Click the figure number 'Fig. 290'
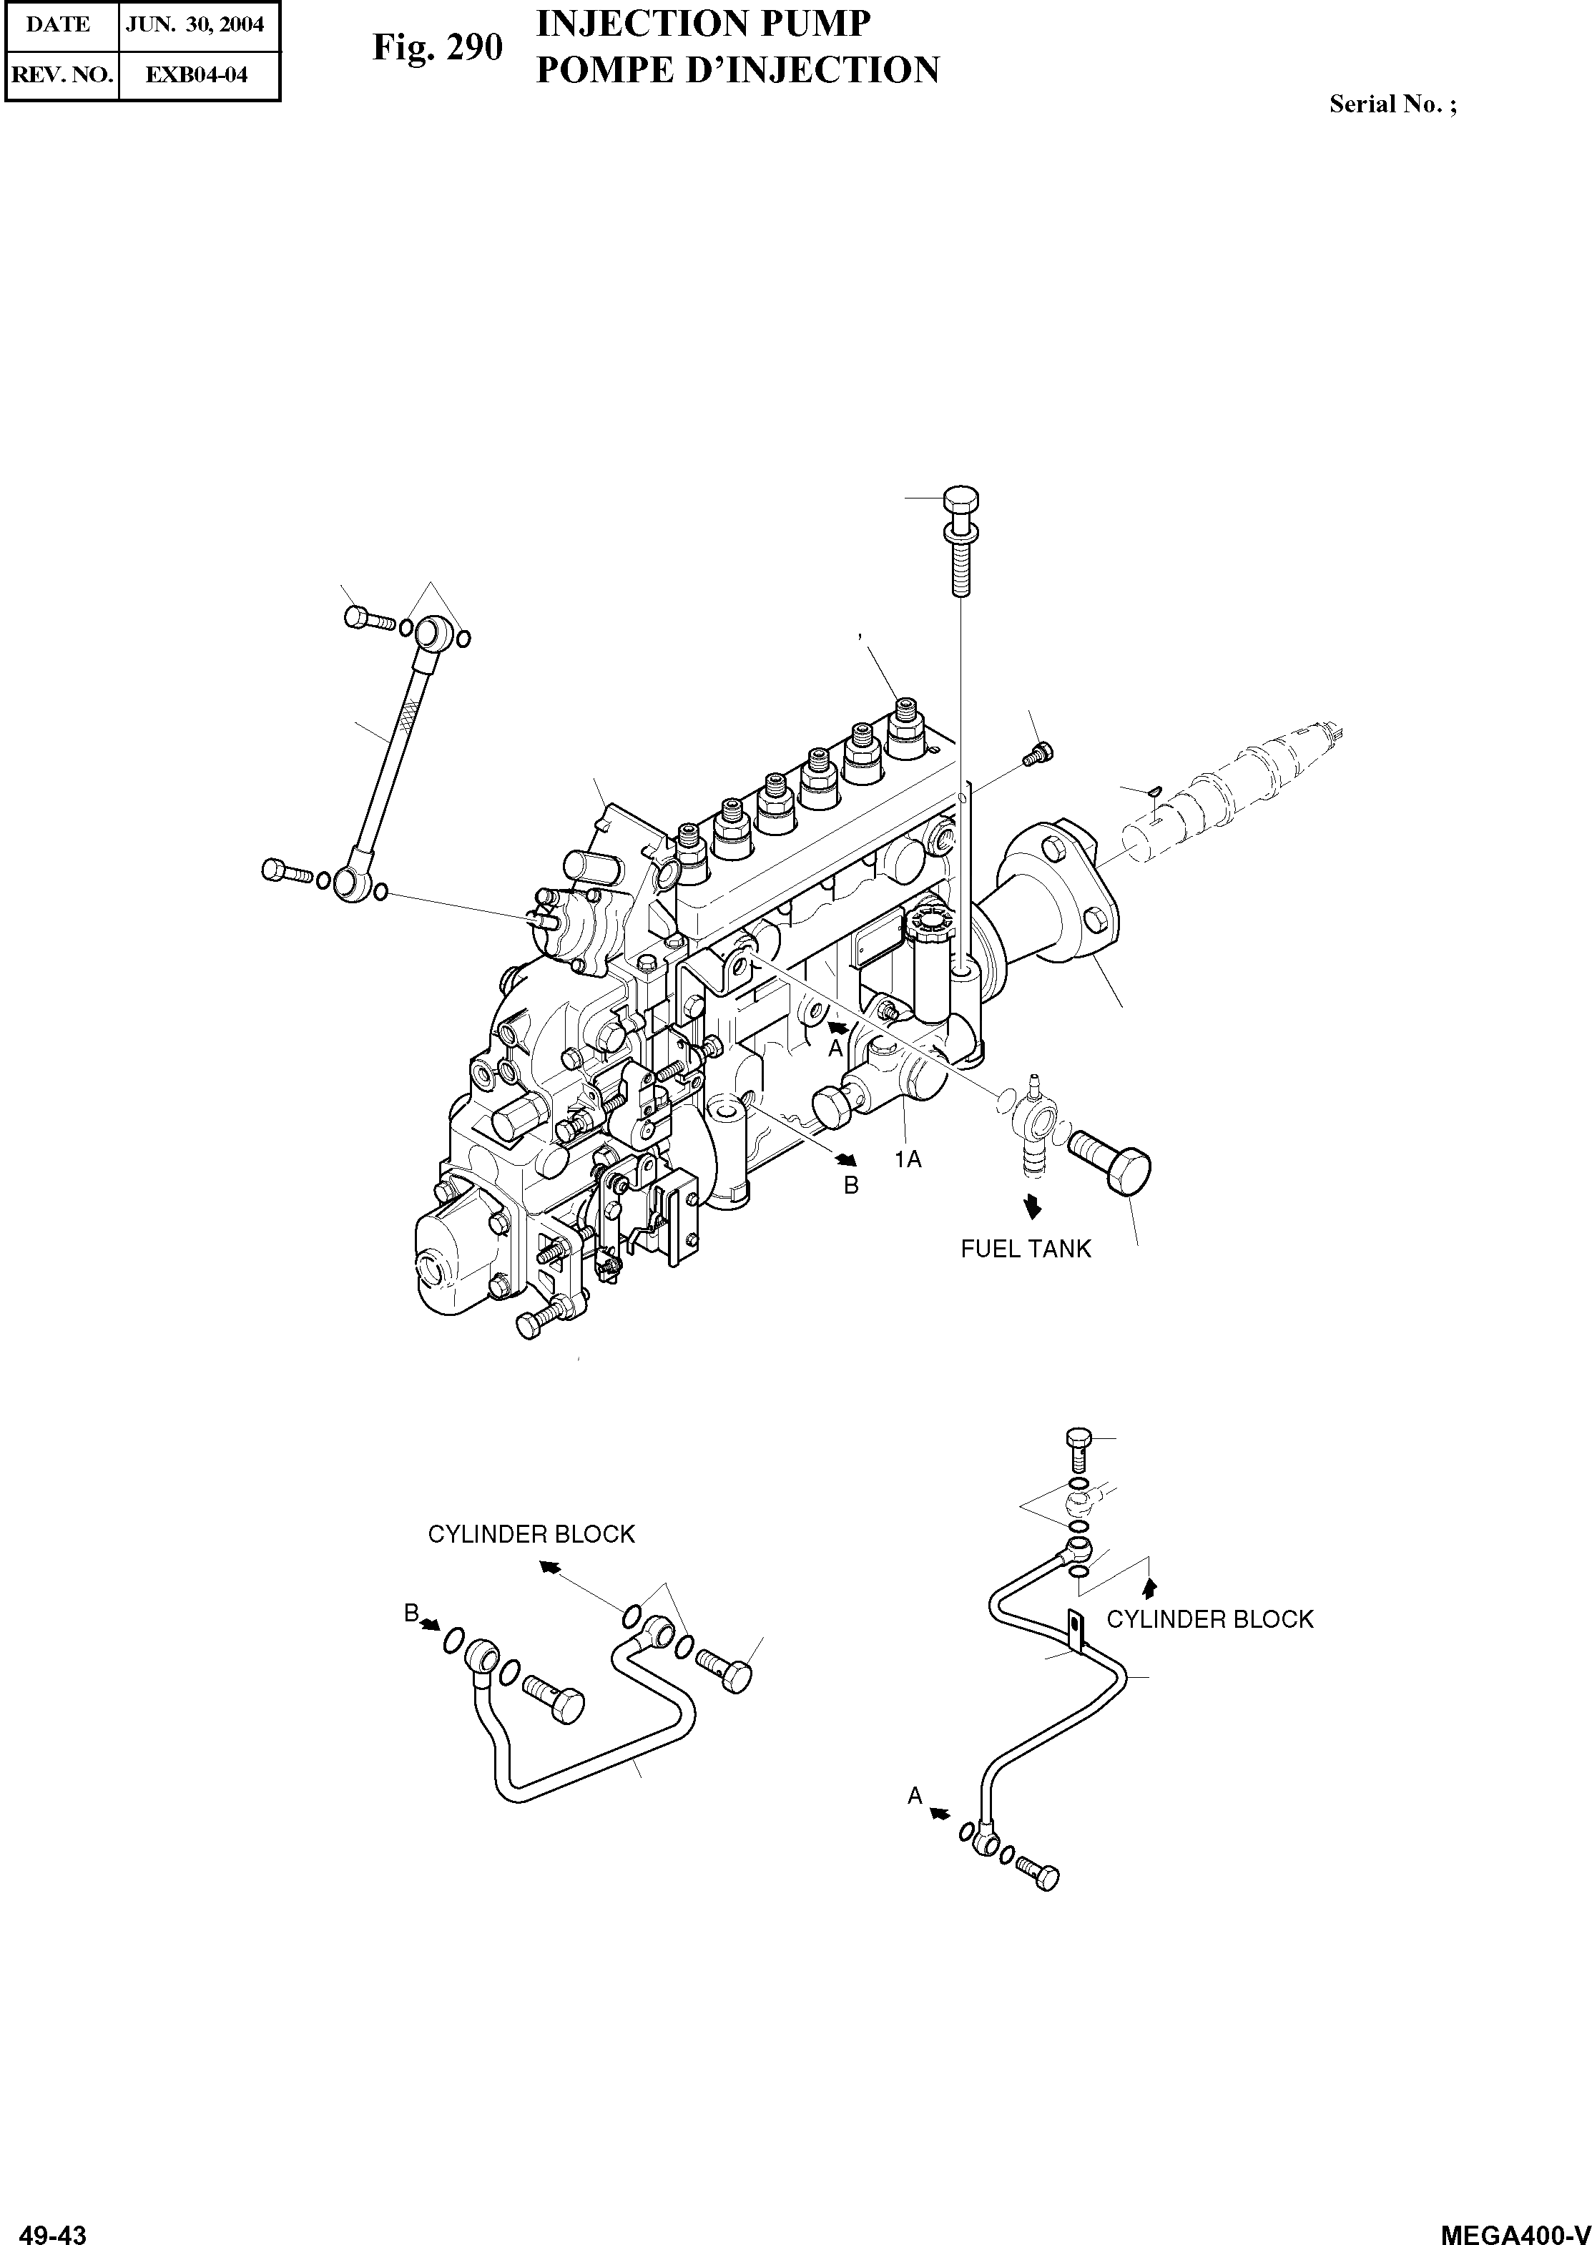click(437, 48)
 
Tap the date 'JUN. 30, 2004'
click(195, 24)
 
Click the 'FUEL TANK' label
click(1026, 1249)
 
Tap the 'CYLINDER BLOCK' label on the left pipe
click(531, 1534)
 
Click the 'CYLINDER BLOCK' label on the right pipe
click(1209, 1618)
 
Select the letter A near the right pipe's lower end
click(915, 1796)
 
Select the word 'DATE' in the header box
click(58, 24)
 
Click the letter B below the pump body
click(852, 1185)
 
